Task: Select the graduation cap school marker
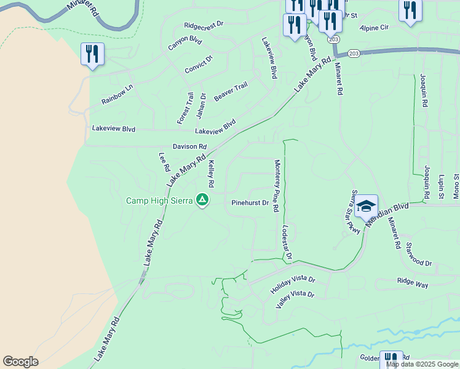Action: pos(366,205)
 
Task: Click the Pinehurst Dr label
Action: pos(250,202)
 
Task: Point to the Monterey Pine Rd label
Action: pos(277,186)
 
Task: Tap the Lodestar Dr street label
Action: pos(286,242)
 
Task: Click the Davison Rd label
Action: pos(189,146)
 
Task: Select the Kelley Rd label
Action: pos(211,174)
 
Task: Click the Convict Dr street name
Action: pos(199,65)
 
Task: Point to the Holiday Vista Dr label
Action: pos(293,284)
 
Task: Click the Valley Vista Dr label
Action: pos(295,298)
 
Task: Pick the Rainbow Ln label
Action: pos(117,94)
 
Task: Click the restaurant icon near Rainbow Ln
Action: pos(92,54)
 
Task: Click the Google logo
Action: pos(20,362)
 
